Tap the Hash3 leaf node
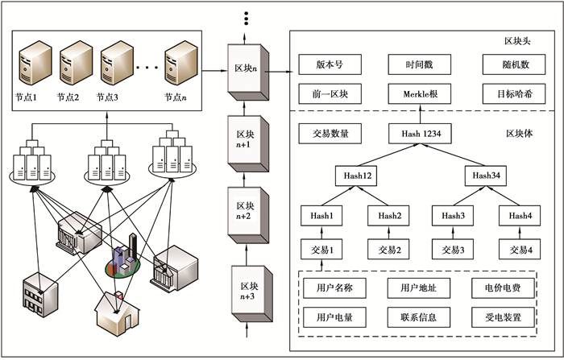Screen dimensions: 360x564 (454, 216)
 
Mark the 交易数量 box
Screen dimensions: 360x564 (329, 134)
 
